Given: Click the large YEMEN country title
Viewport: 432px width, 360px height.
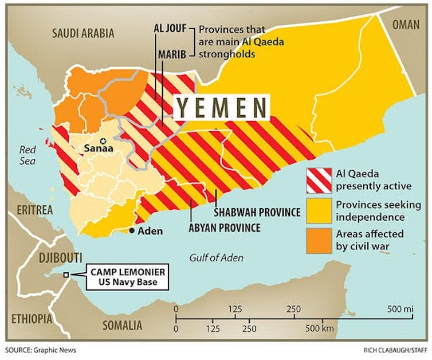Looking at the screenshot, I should point(222,108).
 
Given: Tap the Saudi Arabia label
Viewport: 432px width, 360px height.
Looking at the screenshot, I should point(84,33).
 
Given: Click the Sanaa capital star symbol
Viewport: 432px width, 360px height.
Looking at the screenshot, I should point(103,141).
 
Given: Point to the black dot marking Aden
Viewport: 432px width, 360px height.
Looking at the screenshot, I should point(132,230).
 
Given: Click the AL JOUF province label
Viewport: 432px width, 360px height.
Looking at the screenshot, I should point(170,29).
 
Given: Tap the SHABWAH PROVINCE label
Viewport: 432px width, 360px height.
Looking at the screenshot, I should point(257,212).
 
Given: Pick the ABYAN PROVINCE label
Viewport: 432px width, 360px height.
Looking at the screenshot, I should point(224,228).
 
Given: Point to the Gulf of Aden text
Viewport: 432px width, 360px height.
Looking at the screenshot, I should point(216,258).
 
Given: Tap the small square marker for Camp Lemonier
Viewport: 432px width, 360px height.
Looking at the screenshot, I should point(67,275).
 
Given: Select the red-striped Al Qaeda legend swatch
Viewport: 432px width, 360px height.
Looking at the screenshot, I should point(319,179).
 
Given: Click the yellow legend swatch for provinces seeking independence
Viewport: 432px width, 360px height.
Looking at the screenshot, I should point(319,210).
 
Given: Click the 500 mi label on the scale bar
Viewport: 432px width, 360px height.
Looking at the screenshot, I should point(400,309).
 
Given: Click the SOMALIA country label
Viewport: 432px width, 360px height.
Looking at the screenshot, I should point(122,325).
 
